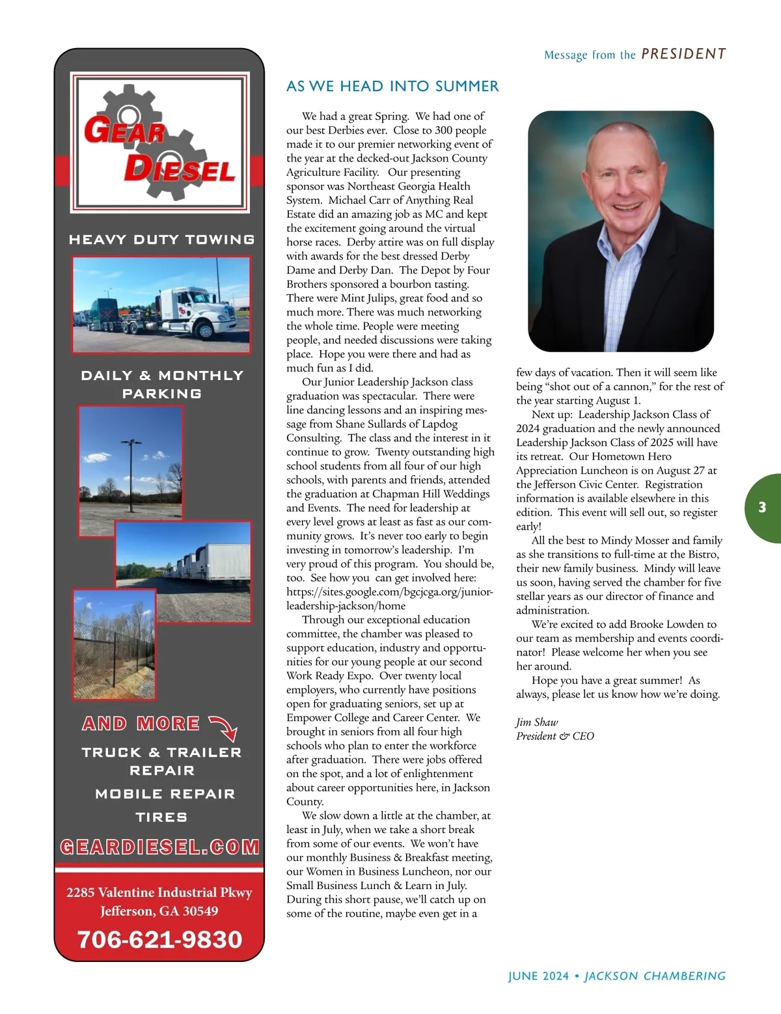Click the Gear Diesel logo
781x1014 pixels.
pos(159,143)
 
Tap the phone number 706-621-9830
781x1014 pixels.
pos(159,939)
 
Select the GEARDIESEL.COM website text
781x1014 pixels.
pos(159,847)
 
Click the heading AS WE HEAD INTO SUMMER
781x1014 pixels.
pos(392,86)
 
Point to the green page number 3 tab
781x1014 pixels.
pos(763,508)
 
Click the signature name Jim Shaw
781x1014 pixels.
pos(537,722)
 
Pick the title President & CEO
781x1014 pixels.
pos(555,736)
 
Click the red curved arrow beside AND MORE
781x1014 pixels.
pos(223,728)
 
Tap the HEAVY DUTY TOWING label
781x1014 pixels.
pos(161,240)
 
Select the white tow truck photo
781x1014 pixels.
pos(161,304)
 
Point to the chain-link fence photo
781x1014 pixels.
pos(114,644)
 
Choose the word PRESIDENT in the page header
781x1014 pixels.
pos(683,54)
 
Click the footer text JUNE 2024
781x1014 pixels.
pos(538,976)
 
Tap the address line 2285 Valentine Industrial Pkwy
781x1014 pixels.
pos(159,892)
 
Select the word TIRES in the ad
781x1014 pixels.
pos(161,817)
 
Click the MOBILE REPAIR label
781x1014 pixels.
pos(165,793)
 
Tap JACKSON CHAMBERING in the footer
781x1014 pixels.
pos(655,976)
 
